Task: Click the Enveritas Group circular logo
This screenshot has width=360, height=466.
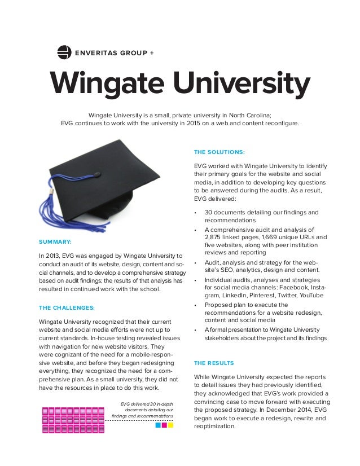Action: coord(65,53)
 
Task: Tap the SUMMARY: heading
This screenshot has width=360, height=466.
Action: coord(55,241)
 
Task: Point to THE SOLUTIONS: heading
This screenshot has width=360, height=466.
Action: coord(218,152)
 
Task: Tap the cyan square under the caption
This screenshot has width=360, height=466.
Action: coord(158,425)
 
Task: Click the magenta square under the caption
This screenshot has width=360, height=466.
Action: coord(164,425)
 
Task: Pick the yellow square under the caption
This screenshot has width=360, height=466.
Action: coord(170,425)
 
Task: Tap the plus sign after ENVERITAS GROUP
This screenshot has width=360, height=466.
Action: coord(151,54)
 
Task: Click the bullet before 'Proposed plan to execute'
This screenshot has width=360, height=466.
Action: coord(195,305)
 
